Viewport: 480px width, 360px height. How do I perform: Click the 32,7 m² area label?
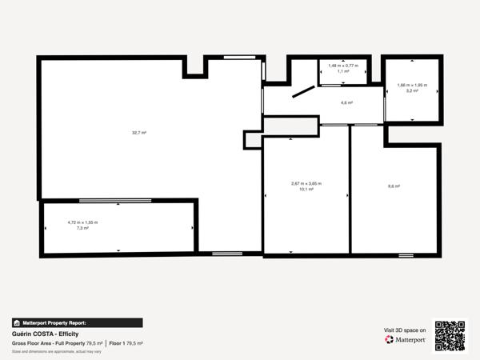pos(139,132)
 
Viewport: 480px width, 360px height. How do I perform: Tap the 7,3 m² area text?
pos(82,228)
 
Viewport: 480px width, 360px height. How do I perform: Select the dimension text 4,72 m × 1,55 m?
pos(82,222)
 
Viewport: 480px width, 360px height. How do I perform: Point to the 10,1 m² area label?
pos(306,190)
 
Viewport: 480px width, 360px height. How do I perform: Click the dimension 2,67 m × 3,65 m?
pos(306,183)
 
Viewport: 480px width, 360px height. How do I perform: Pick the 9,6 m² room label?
pos(394,186)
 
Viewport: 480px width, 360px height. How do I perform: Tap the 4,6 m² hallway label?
pos(346,102)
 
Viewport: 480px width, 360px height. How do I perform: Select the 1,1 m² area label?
pos(343,71)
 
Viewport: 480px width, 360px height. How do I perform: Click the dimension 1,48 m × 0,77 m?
pos(343,65)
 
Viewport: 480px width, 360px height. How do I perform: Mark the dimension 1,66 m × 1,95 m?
pos(412,85)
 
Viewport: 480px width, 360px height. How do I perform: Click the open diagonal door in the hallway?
pos(303,92)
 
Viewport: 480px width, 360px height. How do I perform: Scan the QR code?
pos(450,335)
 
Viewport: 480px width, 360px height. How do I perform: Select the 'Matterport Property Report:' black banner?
pos(77,322)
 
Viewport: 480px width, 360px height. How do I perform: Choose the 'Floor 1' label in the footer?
pos(117,343)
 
